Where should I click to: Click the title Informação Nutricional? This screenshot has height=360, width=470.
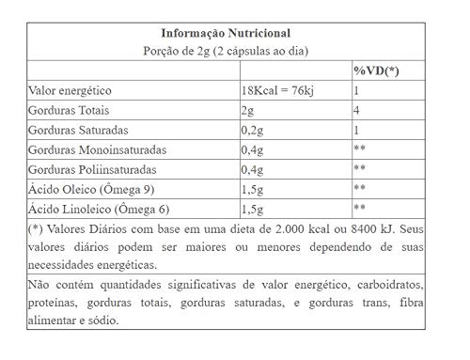point(235,29)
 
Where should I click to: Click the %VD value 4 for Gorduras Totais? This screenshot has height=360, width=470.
point(357,110)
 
